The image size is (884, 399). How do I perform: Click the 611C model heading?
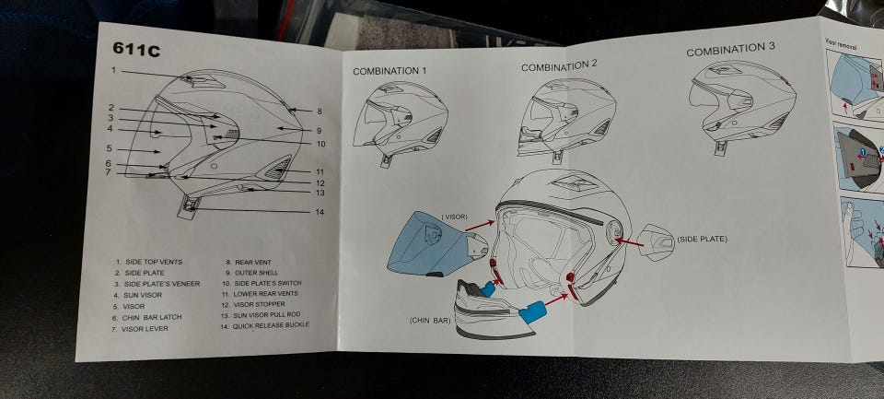click(136, 49)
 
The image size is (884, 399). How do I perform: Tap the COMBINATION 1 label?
click(390, 71)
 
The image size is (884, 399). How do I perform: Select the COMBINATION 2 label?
click(559, 66)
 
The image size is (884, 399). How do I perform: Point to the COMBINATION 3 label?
click(730, 49)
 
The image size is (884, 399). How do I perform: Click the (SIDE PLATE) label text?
click(702, 240)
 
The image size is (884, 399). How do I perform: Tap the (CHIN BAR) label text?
click(430, 320)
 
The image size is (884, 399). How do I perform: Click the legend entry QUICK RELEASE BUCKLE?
click(265, 325)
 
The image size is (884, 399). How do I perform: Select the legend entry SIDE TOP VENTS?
click(148, 262)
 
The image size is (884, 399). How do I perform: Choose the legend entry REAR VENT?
click(249, 262)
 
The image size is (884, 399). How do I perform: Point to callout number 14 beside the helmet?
click(320, 213)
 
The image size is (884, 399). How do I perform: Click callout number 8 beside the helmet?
click(320, 111)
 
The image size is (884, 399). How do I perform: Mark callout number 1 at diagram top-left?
click(113, 71)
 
